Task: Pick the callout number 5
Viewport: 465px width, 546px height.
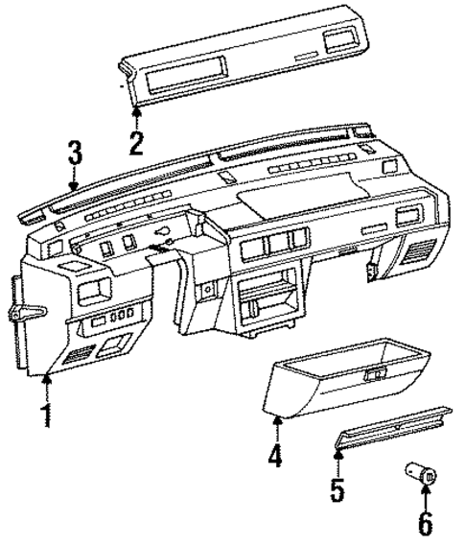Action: (x=337, y=489)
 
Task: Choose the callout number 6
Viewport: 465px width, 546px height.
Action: (x=426, y=524)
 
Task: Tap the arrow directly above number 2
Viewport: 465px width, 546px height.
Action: (x=136, y=115)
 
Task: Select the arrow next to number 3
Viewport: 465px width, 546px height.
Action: (x=75, y=182)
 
